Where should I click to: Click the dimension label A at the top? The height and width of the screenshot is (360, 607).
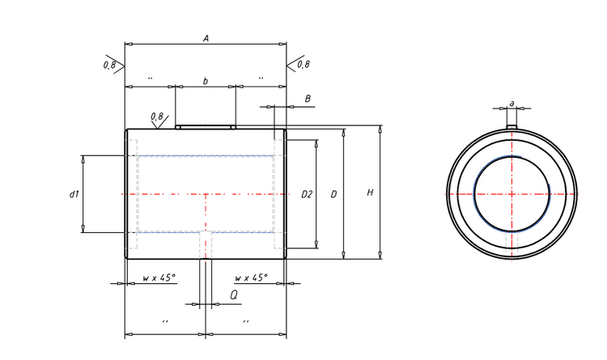[206, 37]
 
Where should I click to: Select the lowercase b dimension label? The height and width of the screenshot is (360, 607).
[205, 80]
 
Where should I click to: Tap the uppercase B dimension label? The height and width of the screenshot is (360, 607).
[308, 98]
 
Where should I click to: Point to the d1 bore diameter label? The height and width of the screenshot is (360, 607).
[74, 193]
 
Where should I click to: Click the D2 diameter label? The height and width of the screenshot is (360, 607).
[307, 194]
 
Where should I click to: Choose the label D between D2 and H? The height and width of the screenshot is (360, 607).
[333, 194]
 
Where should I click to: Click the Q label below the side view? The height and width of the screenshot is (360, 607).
[233, 295]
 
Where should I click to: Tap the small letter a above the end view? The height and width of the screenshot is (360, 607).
[511, 103]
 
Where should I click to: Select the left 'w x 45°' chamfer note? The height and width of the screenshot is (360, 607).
[159, 277]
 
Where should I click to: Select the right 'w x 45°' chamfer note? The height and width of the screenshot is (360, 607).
[251, 277]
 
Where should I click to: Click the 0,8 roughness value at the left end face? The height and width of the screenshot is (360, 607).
[109, 64]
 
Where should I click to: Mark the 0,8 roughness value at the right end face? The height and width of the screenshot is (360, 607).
[303, 64]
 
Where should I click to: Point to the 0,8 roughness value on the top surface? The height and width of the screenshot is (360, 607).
[157, 116]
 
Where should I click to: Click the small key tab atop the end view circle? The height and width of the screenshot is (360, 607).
[511, 125]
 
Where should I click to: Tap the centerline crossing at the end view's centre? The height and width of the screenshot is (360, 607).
[511, 193]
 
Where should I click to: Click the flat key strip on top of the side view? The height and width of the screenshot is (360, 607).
[206, 126]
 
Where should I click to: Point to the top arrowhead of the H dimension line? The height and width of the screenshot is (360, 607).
[380, 129]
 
